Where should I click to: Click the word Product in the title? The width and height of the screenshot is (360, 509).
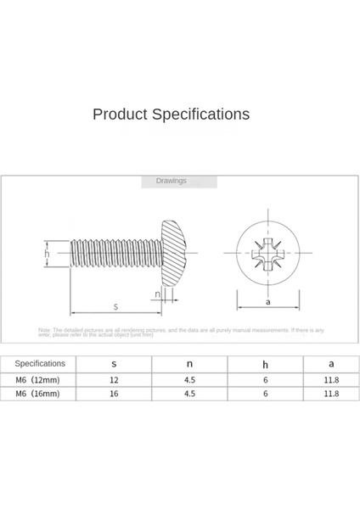[120, 115]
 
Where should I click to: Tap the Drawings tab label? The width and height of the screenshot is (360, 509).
[171, 181]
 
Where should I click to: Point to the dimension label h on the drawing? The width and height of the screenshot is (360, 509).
[48, 252]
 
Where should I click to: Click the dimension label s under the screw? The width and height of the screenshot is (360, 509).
[115, 305]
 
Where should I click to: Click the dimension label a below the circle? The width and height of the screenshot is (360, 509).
[267, 301]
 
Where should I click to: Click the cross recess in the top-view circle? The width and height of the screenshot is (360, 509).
[267, 252]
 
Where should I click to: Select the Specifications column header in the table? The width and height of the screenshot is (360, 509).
[39, 363]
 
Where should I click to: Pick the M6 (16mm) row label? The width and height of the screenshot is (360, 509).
[39, 394]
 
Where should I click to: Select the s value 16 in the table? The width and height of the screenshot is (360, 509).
[114, 394]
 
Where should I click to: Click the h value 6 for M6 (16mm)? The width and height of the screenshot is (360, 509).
[265, 394]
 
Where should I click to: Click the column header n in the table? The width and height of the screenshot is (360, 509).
[189, 363]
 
